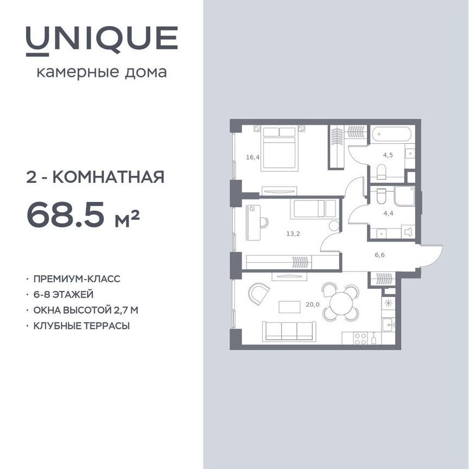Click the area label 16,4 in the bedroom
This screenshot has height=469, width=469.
coord(252,157)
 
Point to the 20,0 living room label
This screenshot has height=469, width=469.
coord(313,305)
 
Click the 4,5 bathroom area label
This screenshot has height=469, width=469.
coord(388,154)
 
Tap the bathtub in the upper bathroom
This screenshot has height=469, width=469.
coord(392,134)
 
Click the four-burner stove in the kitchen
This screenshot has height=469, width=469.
coord(360,339)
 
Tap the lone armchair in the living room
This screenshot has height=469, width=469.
coord(258,295)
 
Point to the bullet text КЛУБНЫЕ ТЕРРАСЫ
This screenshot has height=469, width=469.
coord(81,326)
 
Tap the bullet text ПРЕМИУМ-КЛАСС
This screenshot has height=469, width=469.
coord(77,279)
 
